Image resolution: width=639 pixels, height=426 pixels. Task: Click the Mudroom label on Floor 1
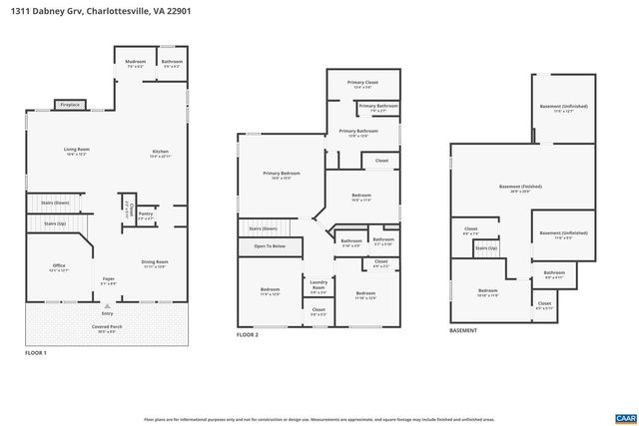click(135, 63)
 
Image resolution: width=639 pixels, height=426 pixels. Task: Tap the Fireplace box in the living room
click(70, 104)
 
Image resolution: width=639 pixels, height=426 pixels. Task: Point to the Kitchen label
click(161, 152)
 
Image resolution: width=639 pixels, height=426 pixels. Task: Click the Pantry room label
click(146, 213)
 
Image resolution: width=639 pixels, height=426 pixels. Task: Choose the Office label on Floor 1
click(59, 265)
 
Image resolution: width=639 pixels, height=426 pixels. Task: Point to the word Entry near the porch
click(107, 313)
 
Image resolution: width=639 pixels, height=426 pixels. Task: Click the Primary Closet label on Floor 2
click(360, 83)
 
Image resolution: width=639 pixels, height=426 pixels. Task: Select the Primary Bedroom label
click(277, 175)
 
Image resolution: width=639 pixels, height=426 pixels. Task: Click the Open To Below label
click(270, 245)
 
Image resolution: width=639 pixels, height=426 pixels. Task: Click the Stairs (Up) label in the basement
click(485, 247)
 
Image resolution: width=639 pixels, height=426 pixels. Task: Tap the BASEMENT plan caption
click(463, 330)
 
